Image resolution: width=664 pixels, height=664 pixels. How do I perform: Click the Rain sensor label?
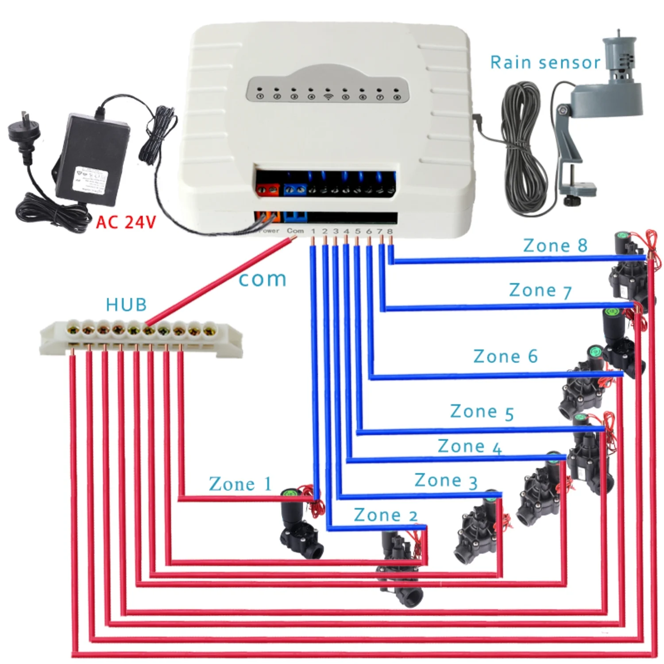(544, 63)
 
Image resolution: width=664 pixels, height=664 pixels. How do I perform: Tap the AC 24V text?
(126, 222)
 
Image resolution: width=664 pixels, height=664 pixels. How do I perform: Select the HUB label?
(126, 305)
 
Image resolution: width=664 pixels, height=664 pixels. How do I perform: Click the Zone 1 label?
(240, 484)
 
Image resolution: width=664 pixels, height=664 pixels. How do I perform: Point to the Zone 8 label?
(555, 246)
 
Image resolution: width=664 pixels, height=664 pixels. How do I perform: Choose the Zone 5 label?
(482, 412)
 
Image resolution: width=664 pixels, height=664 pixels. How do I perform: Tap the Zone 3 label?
(446, 481)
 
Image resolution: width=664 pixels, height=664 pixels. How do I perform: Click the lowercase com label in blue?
(263, 279)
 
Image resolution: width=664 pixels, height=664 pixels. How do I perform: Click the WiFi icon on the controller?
(328, 96)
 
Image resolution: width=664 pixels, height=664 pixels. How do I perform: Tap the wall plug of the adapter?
(24, 131)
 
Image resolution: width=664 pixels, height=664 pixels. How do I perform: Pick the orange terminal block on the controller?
(268, 190)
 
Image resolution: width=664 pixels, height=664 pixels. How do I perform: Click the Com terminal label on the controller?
(295, 231)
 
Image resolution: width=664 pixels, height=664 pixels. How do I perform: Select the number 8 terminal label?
(390, 231)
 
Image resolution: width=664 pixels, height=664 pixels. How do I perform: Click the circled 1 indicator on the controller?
(260, 96)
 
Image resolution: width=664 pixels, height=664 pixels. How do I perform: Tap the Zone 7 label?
(540, 291)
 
